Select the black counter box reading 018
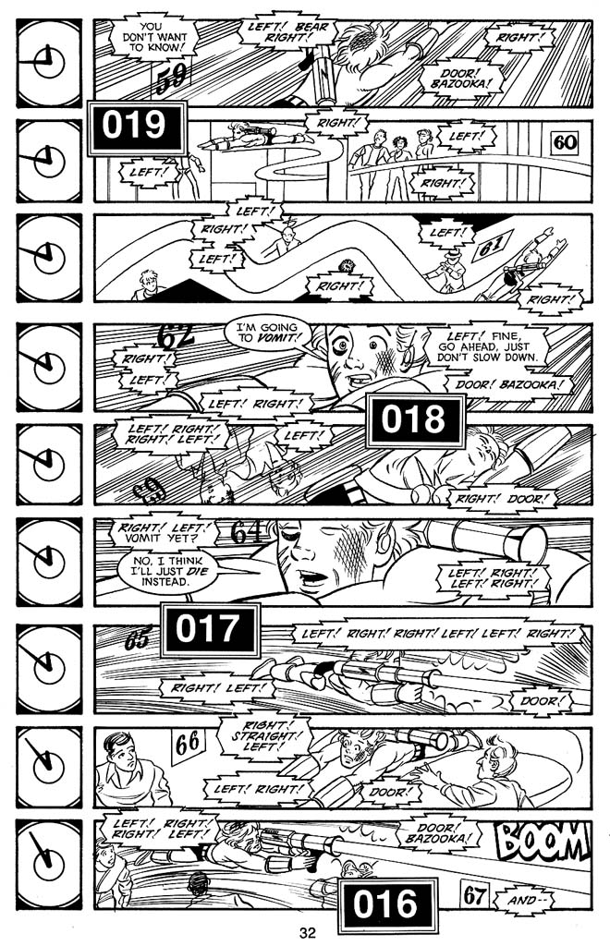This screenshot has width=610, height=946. pyautogui.click(x=414, y=420)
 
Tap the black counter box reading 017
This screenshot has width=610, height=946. pyautogui.click(x=209, y=630)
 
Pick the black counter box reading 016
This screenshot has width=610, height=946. pyautogui.click(x=385, y=904)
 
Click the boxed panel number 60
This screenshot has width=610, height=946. pyautogui.click(x=564, y=142)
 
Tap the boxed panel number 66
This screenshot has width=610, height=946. pyautogui.click(x=187, y=743)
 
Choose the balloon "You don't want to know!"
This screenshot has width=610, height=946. pyautogui.click(x=154, y=36)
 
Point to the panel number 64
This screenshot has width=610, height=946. pyautogui.click(x=247, y=533)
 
